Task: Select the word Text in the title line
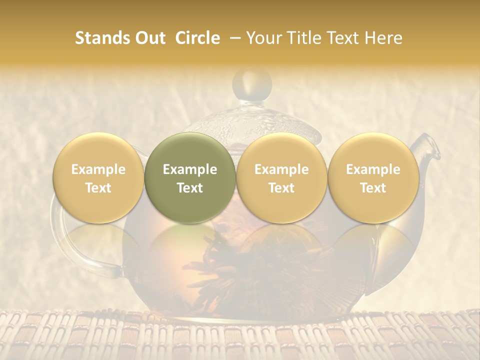(343, 38)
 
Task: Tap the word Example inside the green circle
(190, 169)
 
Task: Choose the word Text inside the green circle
(190, 188)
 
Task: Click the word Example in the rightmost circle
(373, 169)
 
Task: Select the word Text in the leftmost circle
(98, 188)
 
